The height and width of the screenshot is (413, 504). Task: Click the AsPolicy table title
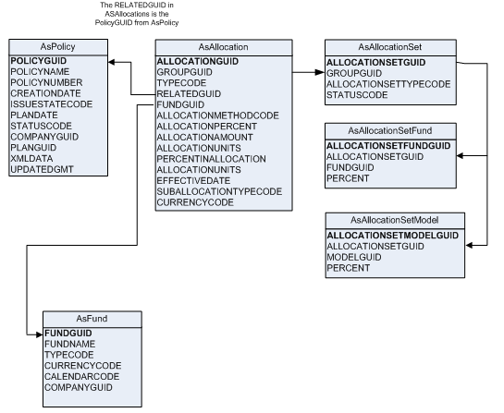(55, 46)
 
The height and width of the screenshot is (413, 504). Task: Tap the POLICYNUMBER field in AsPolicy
(44, 82)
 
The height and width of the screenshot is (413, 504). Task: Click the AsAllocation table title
(214, 46)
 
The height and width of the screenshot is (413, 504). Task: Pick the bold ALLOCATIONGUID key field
(200, 60)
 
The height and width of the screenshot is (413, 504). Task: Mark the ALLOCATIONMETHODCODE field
(215, 115)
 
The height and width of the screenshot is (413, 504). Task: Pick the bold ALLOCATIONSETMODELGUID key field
(392, 236)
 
